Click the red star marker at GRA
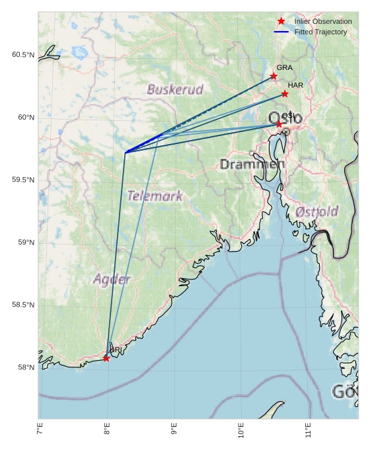coord(274,77)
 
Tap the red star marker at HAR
coord(285,94)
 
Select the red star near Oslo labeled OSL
coord(279,124)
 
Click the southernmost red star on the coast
coord(106,358)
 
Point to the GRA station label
coord(284,67)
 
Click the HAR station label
coord(295,85)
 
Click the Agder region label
coord(112,280)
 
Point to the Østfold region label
coord(317,211)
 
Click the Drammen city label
coord(252,164)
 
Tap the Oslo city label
coord(285,119)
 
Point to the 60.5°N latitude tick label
coord(22,55)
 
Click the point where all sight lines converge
coord(126,153)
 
